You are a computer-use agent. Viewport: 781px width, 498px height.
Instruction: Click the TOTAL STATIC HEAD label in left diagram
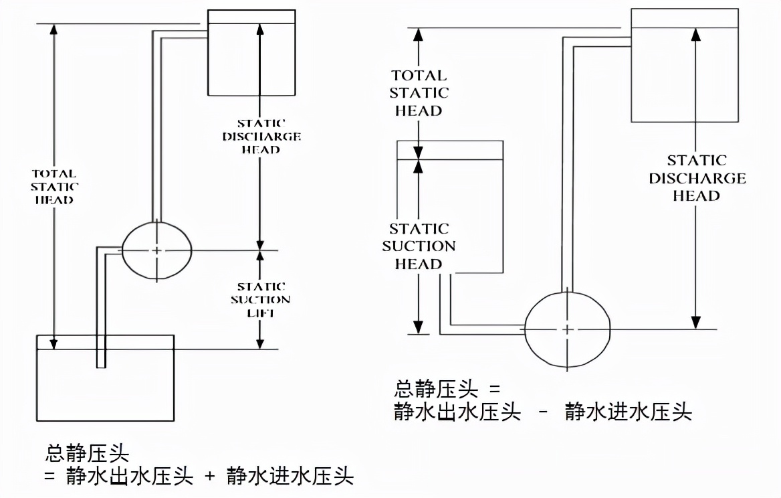(x=53, y=186)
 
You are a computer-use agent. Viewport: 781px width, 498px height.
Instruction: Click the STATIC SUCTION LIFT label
(x=261, y=299)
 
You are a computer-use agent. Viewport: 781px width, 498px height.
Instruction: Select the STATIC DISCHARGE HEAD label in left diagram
(x=261, y=137)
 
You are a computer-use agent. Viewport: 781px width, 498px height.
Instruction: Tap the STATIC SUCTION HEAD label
(x=419, y=246)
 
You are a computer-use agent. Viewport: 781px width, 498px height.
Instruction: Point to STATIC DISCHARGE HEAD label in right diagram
(x=697, y=178)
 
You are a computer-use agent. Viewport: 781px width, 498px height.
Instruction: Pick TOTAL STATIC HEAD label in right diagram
(x=419, y=93)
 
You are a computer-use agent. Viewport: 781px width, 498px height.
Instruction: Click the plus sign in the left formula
(x=210, y=477)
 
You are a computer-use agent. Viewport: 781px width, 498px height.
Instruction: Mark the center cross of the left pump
(x=157, y=250)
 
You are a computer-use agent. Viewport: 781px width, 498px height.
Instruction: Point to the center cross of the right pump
(x=567, y=329)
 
